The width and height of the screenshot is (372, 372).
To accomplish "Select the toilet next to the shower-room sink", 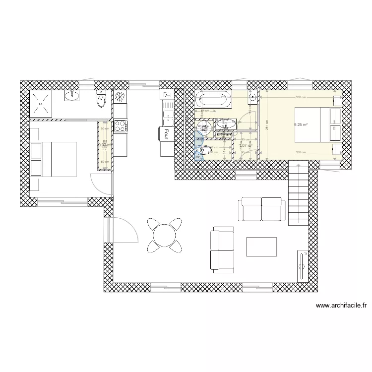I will [x=101, y=99].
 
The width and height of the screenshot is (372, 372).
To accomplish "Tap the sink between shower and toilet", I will [x=72, y=95].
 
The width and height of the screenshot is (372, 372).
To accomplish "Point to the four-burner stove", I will [x=121, y=126].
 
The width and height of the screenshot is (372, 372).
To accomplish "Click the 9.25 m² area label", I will [x=301, y=125].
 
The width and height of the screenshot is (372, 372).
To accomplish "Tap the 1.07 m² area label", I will [x=246, y=146].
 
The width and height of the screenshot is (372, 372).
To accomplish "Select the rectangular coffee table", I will [x=261, y=247].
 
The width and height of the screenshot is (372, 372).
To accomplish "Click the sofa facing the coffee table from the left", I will [x=222, y=249].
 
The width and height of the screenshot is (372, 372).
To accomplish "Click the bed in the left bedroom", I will [x=54, y=159].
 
